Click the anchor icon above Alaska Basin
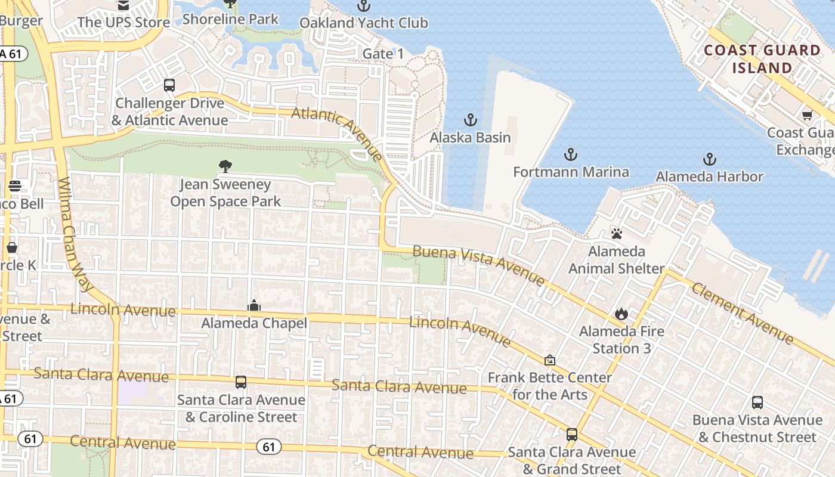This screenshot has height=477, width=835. click(471, 120)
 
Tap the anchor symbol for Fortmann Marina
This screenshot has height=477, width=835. click(571, 154)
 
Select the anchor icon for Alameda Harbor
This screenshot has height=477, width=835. click(709, 159)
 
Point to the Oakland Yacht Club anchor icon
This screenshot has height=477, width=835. click(363, 6)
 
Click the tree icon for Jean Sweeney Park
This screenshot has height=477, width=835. click(225, 166)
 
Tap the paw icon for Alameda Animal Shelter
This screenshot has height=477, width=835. click(616, 233)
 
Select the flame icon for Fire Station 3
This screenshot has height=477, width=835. click(621, 313)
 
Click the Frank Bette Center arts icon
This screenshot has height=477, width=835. click(549, 360)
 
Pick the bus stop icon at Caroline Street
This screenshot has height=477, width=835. click(241, 382)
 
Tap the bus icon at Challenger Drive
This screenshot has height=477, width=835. click(169, 85)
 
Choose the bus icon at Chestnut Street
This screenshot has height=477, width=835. click(757, 402)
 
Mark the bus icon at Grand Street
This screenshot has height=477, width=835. click(571, 435)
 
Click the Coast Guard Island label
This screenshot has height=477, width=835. click(762, 59)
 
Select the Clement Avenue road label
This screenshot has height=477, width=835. click(743, 312)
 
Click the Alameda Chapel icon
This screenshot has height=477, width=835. click(254, 306)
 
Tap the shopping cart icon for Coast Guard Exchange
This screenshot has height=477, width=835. click(807, 115)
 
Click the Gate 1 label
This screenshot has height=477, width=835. click(383, 54)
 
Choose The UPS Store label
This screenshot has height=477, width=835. click(123, 23)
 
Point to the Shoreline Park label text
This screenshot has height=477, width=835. click(230, 19)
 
